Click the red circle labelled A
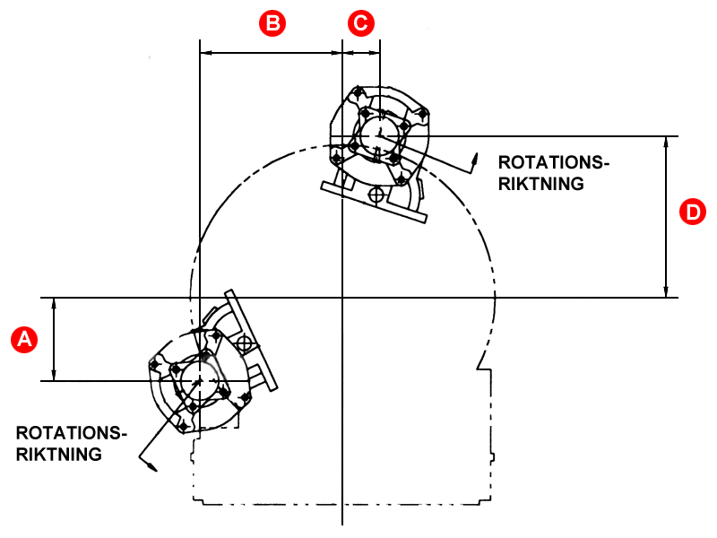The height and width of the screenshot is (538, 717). click(x=24, y=338)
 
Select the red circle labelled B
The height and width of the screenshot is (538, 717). click(x=272, y=23)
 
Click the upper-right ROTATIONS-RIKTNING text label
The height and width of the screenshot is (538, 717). click(x=553, y=173)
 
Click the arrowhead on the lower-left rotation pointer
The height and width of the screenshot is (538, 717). click(x=151, y=464)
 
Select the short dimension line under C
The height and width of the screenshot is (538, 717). click(x=362, y=53)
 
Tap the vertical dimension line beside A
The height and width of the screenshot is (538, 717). click(x=56, y=339)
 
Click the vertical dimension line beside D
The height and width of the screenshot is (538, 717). click(x=666, y=216)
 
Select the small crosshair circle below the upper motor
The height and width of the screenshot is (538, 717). click(x=376, y=193)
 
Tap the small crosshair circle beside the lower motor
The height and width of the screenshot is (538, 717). click(x=244, y=344)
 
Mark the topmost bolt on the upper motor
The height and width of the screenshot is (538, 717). click(x=358, y=92)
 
